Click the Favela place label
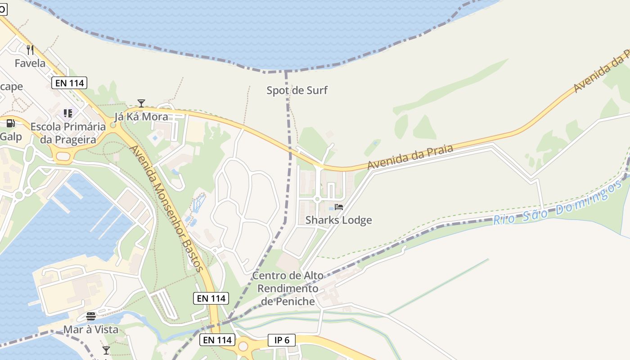pos(30,63)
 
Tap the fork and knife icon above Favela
pos(30,49)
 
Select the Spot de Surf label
pos(297,90)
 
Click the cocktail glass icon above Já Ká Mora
pos(141,103)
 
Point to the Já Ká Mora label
pos(141,117)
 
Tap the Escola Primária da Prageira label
pos(68,133)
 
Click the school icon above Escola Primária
pos(68,113)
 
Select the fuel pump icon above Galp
pos(11,123)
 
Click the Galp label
pos(11,136)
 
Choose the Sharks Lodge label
pos(339,220)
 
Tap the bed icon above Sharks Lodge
pos(339,207)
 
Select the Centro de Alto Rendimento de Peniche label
pos(288,288)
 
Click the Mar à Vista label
pos(90,329)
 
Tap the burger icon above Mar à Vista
pos(91,316)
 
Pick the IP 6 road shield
pos(282,340)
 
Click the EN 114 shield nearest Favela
pos(69,83)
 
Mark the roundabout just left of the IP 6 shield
pos(243,346)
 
